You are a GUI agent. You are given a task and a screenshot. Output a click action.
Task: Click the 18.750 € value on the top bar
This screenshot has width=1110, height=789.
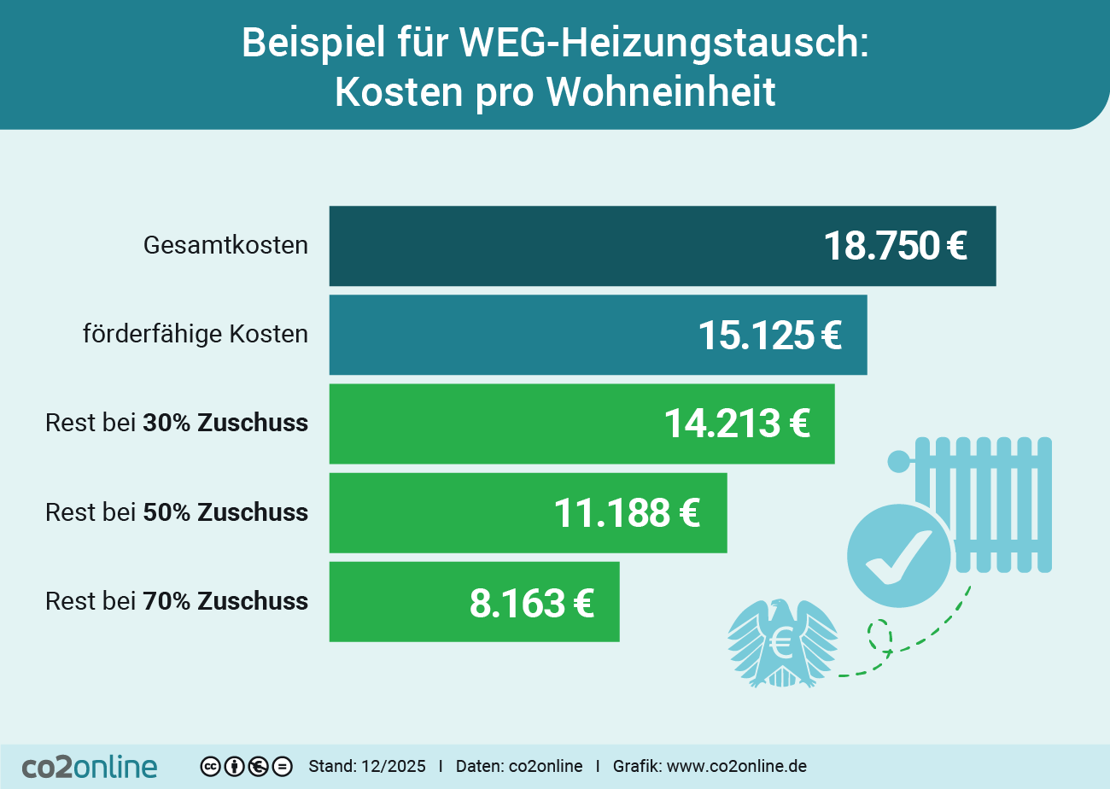894,247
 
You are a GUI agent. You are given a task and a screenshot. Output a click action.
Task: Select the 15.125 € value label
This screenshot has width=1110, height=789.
769,336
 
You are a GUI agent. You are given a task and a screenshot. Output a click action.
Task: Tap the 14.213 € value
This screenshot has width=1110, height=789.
736,424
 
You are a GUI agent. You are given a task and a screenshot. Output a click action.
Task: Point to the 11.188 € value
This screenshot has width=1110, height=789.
627,513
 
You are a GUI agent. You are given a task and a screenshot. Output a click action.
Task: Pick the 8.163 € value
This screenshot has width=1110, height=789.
531,602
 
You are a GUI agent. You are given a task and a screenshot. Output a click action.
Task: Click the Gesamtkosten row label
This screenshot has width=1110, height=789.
225,246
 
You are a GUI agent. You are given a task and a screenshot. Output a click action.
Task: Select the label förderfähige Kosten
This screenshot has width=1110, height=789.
195,334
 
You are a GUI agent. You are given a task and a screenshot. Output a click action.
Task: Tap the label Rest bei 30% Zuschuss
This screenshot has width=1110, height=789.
177,423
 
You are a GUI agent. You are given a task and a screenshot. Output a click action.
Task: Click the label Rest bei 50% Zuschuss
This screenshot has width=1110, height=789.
177,512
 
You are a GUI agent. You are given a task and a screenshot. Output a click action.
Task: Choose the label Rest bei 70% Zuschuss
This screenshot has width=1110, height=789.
177,601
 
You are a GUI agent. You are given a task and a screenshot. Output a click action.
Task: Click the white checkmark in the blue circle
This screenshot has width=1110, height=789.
897,556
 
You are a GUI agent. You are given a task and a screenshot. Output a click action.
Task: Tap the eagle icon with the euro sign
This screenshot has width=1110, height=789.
781,643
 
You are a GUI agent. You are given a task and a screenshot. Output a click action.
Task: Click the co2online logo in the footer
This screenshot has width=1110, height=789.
90,766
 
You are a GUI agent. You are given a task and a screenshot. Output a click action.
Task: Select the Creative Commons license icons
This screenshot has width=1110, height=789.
247,767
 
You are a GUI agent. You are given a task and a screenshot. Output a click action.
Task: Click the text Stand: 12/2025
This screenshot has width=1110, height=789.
366,767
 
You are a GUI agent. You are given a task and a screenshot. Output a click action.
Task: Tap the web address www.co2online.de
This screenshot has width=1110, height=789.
736,767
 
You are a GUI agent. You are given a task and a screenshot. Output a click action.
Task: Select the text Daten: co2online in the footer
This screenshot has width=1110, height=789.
519,767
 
